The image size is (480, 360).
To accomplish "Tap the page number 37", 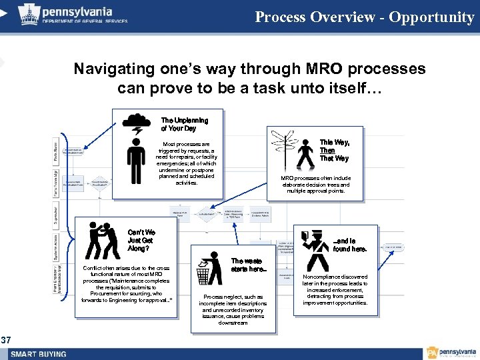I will [x=6, y=341].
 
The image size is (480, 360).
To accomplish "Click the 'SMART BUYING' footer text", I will [x=39, y=354].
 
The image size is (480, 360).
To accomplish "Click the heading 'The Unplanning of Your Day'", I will [x=184, y=124].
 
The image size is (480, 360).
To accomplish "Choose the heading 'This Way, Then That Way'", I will [x=334, y=151].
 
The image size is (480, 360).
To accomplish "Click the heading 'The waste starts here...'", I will [x=249, y=265].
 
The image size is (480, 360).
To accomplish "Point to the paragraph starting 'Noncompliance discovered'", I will [x=335, y=290].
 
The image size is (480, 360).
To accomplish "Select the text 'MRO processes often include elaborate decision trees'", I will [x=315, y=185].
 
